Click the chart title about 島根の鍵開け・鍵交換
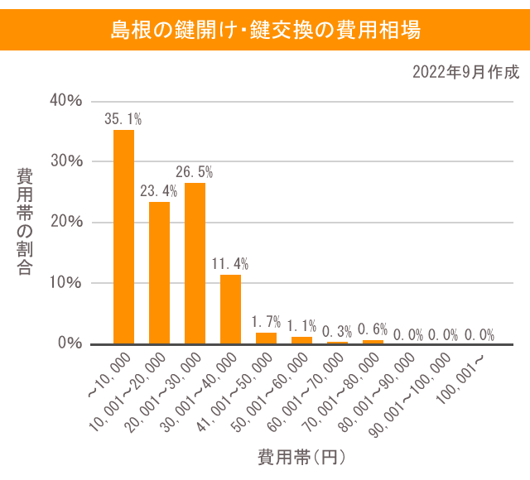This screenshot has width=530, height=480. pyautogui.click(x=265, y=31)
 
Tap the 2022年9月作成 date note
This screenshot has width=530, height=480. pyautogui.click(x=465, y=72)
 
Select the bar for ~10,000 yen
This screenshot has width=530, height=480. pyautogui.click(x=123, y=237)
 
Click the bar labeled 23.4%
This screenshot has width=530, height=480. pyautogui.click(x=159, y=272)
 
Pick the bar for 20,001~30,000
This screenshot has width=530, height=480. pyautogui.click(x=195, y=263)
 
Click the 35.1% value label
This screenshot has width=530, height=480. pyautogui.click(x=123, y=119)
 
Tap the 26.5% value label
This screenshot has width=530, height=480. pyautogui.click(x=195, y=172)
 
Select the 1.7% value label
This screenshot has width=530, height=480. pyautogui.click(x=266, y=322)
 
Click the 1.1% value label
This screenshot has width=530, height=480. pyautogui.click(x=301, y=326)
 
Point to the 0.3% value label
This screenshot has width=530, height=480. pyautogui.click(x=337, y=331)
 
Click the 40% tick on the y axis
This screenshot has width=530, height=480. pyautogui.click(x=66, y=100)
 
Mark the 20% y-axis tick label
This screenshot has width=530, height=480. pyautogui.click(x=66, y=222)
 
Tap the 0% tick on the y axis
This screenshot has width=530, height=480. pyautogui.click(x=70, y=343)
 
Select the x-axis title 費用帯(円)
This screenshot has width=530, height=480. pyautogui.click(x=301, y=456)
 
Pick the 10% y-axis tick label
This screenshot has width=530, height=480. pyautogui.click(x=66, y=282)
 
